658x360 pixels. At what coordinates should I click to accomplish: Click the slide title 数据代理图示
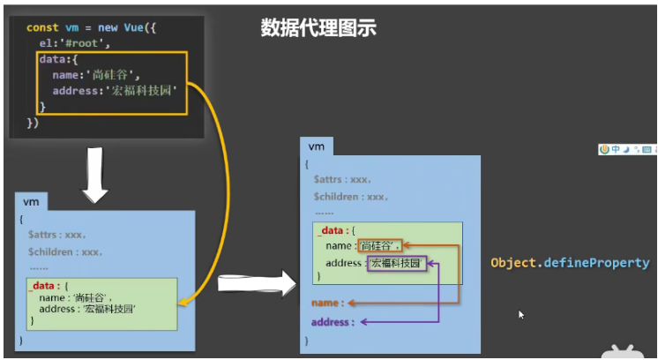318,28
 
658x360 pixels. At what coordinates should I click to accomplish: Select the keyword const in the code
43,28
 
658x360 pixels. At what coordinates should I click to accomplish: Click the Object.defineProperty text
570,263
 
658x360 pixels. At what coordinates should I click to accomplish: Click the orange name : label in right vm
327,303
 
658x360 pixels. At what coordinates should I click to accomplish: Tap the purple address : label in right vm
333,322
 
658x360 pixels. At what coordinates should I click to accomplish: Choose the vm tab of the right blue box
315,146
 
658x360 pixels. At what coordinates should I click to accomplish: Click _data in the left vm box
44,287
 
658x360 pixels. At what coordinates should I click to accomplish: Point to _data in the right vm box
330,229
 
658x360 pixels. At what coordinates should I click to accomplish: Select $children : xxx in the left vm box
65,251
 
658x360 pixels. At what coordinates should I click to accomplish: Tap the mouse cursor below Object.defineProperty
521,313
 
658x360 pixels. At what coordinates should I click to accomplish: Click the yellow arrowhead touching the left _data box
181,303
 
